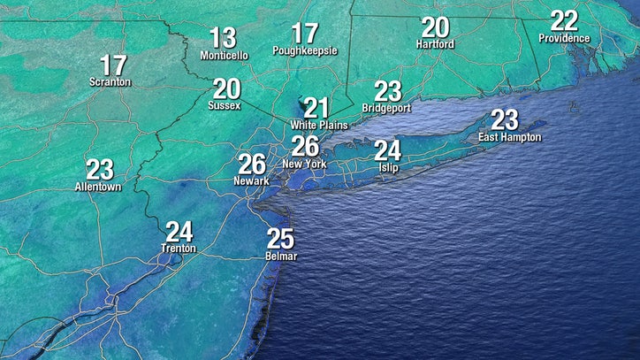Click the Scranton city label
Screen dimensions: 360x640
[x=110, y=82]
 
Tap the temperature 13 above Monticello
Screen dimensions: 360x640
[x=223, y=38]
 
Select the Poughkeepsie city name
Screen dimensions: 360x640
[x=305, y=51]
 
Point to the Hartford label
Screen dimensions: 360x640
[x=435, y=44]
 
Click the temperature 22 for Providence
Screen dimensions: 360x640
[x=563, y=20]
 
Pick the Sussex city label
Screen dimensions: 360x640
[x=225, y=106]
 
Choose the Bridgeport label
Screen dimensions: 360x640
[x=387, y=108]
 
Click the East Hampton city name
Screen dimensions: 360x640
[x=509, y=137]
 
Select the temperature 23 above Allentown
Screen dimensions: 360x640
[x=100, y=169]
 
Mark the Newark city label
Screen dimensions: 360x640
[x=252, y=182]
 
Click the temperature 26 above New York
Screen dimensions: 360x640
[x=305, y=147]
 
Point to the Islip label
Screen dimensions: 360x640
[x=389, y=167]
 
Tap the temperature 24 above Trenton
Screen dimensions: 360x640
[x=179, y=232]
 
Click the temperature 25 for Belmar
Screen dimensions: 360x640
[x=280, y=238]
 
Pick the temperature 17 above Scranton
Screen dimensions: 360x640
[x=113, y=65]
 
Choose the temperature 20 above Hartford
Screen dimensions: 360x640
[x=435, y=27]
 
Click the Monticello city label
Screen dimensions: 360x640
[x=224, y=55]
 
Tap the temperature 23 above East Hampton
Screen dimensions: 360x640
[x=504, y=119]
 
